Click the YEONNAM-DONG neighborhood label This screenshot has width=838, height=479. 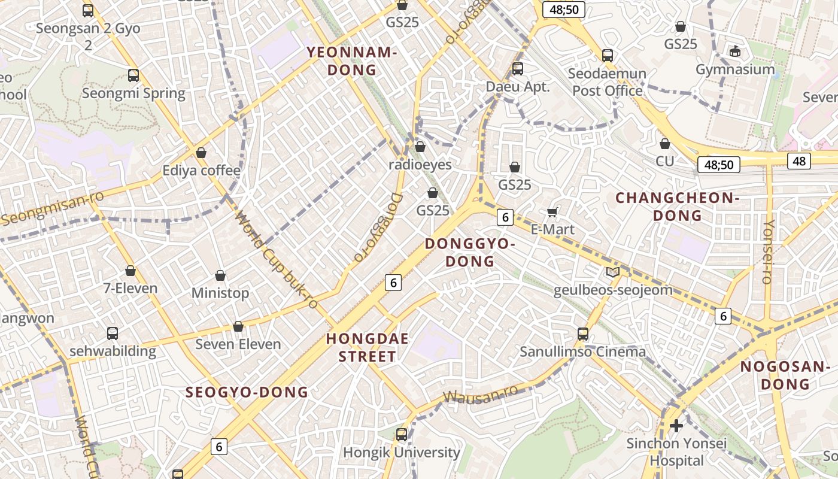point(352,61)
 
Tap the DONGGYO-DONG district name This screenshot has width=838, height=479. point(470,252)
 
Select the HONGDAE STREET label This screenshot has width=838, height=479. point(367,347)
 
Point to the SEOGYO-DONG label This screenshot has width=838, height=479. point(247,392)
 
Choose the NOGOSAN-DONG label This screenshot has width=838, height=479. point(785,375)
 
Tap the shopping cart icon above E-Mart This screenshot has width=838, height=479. point(552,212)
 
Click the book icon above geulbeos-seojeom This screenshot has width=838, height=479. point(612,272)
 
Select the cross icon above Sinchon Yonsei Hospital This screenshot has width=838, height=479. point(676,426)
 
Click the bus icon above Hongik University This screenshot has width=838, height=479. point(402,435)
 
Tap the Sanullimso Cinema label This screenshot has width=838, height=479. point(582,351)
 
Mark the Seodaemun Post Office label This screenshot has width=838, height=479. point(607,82)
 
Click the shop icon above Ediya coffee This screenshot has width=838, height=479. point(201,153)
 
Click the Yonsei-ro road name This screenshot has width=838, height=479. point(767,251)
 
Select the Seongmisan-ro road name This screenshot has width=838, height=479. point(52,208)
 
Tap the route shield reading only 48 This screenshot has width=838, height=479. point(800,160)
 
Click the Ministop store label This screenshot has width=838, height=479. point(220,293)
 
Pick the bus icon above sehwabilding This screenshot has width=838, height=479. point(112,334)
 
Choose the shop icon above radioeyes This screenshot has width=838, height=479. point(420,147)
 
